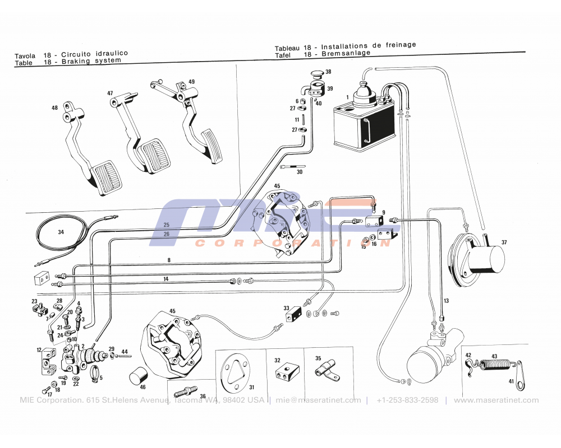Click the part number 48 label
(x=54, y=108)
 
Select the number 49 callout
(x=191, y=82)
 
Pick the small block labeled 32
(x=284, y=374)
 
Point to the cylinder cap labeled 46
(x=137, y=377)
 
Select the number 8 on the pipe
(x=168, y=259)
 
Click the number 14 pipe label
(x=165, y=278)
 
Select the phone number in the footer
(x=407, y=400)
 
